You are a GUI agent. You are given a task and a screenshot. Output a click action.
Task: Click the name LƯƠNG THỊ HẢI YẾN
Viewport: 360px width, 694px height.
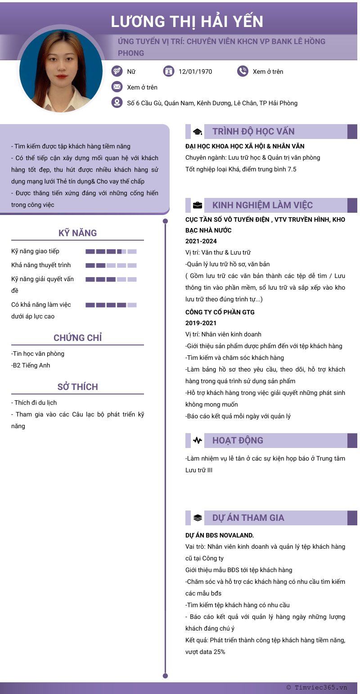coord(187,22)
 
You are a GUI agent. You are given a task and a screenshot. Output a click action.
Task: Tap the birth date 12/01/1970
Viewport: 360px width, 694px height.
coord(195,72)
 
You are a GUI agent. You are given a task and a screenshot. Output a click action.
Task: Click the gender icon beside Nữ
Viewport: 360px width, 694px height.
coord(117,71)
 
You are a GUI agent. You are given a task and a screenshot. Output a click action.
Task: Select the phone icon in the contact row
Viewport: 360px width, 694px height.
coord(243,71)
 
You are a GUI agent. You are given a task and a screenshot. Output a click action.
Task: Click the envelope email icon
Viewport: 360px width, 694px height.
coord(117,87)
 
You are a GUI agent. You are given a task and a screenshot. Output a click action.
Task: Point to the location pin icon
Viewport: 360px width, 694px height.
coord(117,103)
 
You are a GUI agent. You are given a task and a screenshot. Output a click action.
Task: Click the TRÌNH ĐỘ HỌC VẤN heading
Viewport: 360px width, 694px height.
coord(253,131)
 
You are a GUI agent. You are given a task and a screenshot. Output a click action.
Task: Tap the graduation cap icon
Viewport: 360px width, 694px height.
coord(197,132)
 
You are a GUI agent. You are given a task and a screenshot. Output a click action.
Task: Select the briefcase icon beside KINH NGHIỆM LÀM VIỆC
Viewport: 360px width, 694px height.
coord(197,206)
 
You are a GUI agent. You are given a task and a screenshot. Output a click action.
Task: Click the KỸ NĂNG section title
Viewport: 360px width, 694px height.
coord(77,233)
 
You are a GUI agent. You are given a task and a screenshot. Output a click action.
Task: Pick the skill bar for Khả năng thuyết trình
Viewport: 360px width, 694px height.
coord(111,265)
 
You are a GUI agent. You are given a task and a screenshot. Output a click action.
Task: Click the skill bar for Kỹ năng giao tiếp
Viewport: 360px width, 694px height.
coord(111,251)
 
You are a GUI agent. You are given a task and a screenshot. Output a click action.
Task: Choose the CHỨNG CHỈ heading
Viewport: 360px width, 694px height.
coord(77,338)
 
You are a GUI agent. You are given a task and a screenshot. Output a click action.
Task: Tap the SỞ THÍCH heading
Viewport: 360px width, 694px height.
coord(77,387)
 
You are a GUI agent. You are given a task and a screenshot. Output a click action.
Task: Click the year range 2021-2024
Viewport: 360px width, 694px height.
coord(201,241)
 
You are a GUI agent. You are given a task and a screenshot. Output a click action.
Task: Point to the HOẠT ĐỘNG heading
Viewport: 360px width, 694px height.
coord(238,440)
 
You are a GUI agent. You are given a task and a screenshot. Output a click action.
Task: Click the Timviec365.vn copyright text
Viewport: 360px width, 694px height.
coord(317,687)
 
